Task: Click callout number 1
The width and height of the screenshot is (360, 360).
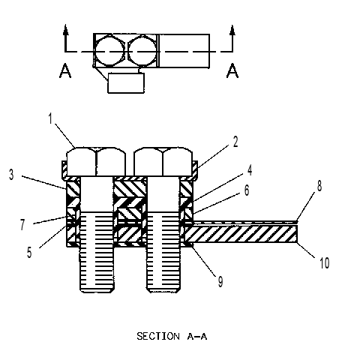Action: [51, 118]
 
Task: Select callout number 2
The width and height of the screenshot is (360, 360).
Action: [235, 142]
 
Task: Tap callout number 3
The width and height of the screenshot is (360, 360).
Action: [11, 175]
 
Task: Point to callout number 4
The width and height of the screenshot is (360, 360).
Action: [249, 170]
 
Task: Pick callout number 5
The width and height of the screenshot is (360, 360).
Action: [29, 252]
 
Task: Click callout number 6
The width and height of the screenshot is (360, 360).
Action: [247, 190]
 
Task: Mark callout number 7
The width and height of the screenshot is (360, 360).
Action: [22, 224]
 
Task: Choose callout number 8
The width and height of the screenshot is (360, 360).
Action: [319, 186]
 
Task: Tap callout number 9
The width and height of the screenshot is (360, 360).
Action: [220, 282]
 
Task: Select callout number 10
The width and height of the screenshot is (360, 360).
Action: [325, 263]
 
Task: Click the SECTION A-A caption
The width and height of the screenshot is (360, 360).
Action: [172, 336]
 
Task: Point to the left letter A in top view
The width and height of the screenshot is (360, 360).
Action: [65, 70]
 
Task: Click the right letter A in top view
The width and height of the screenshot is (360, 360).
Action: [232, 70]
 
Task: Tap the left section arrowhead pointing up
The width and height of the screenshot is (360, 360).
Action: [65, 30]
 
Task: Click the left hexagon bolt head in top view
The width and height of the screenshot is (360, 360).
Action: [109, 51]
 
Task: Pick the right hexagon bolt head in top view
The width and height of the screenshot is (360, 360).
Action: [142, 51]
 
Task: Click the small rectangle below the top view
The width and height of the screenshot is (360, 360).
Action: [126, 82]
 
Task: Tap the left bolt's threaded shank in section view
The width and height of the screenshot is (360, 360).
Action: [97, 252]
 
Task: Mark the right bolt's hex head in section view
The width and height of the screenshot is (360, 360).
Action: [163, 161]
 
